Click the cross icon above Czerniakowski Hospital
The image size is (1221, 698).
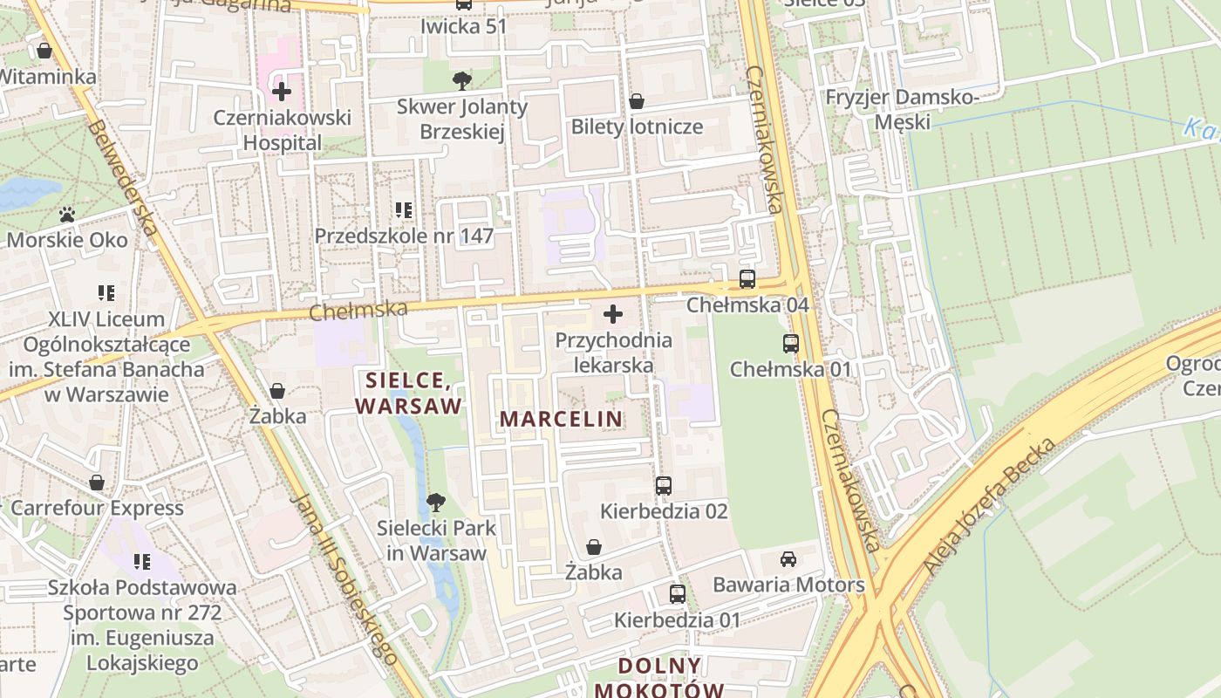coord(281,91)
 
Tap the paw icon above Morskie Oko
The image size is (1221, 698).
coord(67,214)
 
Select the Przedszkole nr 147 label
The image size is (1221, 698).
coord(404,236)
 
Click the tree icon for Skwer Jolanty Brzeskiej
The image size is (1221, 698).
coord(462,81)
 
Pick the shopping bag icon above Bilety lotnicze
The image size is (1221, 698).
coord(637,101)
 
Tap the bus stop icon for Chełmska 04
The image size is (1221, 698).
coord(747,279)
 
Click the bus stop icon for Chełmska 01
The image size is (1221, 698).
coord(790,344)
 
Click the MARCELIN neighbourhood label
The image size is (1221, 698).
coord(561,419)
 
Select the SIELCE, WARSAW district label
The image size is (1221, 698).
coord(408,393)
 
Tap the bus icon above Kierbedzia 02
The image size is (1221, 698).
coord(664,486)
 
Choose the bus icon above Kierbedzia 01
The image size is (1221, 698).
coord(678,594)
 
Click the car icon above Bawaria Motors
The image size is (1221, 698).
coord(788,559)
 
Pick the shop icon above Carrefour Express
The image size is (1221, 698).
coord(97,482)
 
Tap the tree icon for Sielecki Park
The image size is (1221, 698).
coord(435,503)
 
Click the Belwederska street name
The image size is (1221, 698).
coord(122,179)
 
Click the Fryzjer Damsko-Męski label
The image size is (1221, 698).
coord(903,109)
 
